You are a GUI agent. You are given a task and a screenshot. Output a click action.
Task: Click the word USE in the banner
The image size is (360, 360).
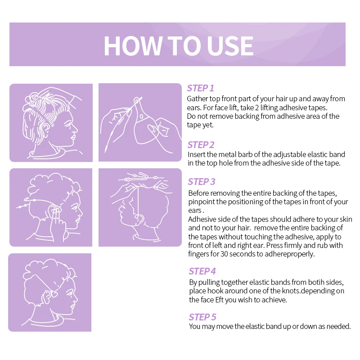[x=230, y=46]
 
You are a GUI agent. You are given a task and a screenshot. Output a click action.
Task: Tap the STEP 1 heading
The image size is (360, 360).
[x=200, y=88]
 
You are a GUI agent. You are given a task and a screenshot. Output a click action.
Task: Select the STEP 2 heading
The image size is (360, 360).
[x=201, y=145]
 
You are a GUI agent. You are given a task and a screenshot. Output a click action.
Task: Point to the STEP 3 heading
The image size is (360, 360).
[x=202, y=182]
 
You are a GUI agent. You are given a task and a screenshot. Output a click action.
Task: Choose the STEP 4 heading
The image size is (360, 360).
[x=202, y=271]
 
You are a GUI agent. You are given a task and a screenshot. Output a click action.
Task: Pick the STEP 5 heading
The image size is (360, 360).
[x=202, y=317]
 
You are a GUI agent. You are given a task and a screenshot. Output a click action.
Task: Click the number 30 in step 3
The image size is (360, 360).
[x=224, y=254]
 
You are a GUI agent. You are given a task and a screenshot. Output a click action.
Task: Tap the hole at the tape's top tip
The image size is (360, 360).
[x=137, y=101]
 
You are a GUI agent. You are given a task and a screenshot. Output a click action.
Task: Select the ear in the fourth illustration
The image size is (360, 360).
[x=139, y=219]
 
